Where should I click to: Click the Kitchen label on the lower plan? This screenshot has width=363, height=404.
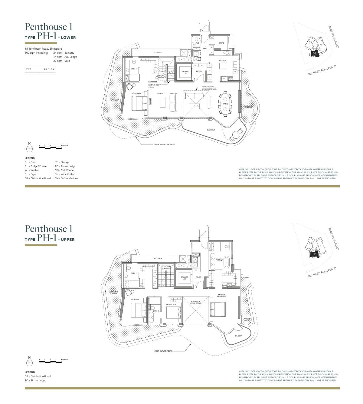coord(222,61)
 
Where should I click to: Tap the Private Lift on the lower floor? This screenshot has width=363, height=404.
coord(185,72)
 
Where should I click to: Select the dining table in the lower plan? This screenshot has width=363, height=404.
coord(225,104)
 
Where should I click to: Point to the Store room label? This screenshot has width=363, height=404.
coord(221,43)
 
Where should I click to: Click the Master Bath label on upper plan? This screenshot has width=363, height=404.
coord(220,260)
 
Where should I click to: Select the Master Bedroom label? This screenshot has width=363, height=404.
coord(221,295)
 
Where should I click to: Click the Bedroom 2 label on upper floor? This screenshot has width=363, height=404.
coord(136,300)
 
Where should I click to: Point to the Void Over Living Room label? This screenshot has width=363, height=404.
coord(195,302)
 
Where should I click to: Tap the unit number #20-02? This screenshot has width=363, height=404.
coord(49,69)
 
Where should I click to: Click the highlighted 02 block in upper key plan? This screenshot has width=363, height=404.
coord(314,254)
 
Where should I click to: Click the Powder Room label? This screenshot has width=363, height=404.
coord(160,76)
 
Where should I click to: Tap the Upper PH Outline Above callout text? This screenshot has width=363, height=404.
coord(164,144)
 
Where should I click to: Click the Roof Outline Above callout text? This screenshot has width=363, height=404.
coord(163,351)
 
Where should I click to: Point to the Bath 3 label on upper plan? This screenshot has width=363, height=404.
coord(155,311)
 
